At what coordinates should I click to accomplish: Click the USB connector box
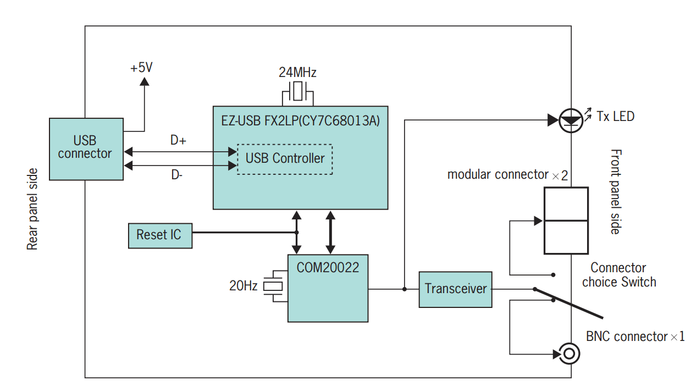86,149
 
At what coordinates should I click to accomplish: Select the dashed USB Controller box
285,159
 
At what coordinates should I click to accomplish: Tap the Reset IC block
160,235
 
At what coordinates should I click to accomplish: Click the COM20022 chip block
328,288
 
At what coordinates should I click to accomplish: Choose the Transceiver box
455,289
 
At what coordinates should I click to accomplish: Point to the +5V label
141,68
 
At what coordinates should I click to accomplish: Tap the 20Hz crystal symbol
273,286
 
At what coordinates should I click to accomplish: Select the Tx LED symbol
570,119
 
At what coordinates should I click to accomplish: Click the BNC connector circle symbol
568,353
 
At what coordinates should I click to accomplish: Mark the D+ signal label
178,141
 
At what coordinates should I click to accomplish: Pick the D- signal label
176,175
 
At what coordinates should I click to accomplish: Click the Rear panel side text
33,209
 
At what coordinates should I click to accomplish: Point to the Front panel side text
616,191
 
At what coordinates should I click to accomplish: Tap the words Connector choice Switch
619,275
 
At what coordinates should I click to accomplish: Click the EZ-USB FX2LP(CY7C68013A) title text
301,120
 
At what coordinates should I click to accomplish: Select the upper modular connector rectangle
566,204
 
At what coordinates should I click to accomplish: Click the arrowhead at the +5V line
145,81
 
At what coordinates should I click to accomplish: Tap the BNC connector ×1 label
635,337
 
